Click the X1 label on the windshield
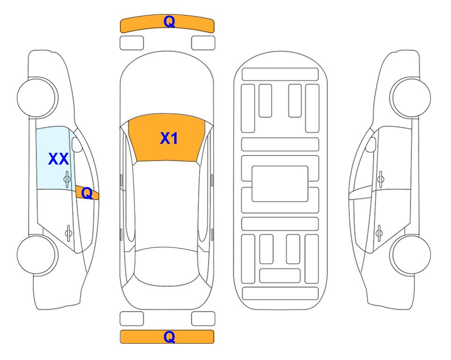[x=169, y=138]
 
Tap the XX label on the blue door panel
[x=59, y=159]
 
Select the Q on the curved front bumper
[x=169, y=22]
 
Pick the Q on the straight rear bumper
[x=169, y=337]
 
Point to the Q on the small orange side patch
[x=87, y=193]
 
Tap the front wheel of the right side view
[x=410, y=97]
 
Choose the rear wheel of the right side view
[x=410, y=255]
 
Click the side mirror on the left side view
[x=77, y=144]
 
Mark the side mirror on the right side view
[x=370, y=144]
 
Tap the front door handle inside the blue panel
[x=67, y=179]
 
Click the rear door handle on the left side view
[x=68, y=232]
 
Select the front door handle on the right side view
[x=380, y=179]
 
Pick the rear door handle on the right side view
[x=379, y=232]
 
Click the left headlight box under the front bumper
[x=132, y=43]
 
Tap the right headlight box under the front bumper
[x=203, y=43]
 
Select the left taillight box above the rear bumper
[x=132, y=319]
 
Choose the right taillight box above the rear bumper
[x=203, y=319]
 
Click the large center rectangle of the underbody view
[x=280, y=184]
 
